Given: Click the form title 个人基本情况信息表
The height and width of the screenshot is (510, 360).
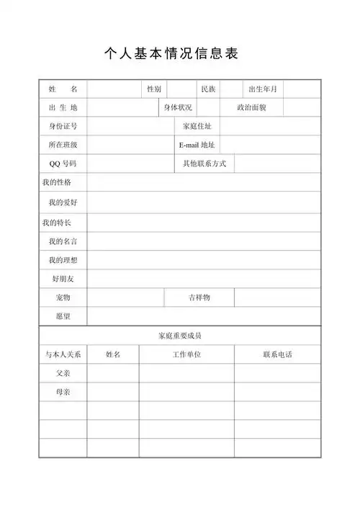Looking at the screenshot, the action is (171, 54).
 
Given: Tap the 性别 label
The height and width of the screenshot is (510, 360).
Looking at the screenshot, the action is (154, 89).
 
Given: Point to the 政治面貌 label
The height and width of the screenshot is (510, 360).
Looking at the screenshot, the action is (252, 108).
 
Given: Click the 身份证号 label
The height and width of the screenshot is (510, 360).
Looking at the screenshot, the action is (63, 127).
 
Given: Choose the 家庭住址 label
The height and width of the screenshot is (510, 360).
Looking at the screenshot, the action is (197, 127).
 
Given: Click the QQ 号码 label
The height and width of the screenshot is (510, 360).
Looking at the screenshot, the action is (63, 164).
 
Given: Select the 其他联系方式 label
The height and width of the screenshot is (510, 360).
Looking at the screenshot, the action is (204, 164).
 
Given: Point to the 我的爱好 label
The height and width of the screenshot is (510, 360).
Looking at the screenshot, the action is (63, 202).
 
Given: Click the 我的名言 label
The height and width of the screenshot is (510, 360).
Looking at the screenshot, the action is (63, 241).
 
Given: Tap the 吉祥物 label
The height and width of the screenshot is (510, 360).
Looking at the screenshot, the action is (199, 297).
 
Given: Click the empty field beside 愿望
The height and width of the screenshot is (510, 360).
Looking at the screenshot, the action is (204, 316).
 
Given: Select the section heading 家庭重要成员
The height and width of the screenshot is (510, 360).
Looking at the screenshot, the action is (180, 336).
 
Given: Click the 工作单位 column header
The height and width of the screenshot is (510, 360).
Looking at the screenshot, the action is (186, 354).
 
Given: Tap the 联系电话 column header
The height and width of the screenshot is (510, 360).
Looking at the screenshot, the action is (277, 354).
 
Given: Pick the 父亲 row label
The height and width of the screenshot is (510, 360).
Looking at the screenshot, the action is (63, 374).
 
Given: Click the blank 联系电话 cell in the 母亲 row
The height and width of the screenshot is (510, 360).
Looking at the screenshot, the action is (277, 393).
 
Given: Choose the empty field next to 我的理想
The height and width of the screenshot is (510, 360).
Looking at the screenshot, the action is (204, 260).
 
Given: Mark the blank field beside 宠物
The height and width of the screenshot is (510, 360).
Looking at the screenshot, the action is (126, 297).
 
